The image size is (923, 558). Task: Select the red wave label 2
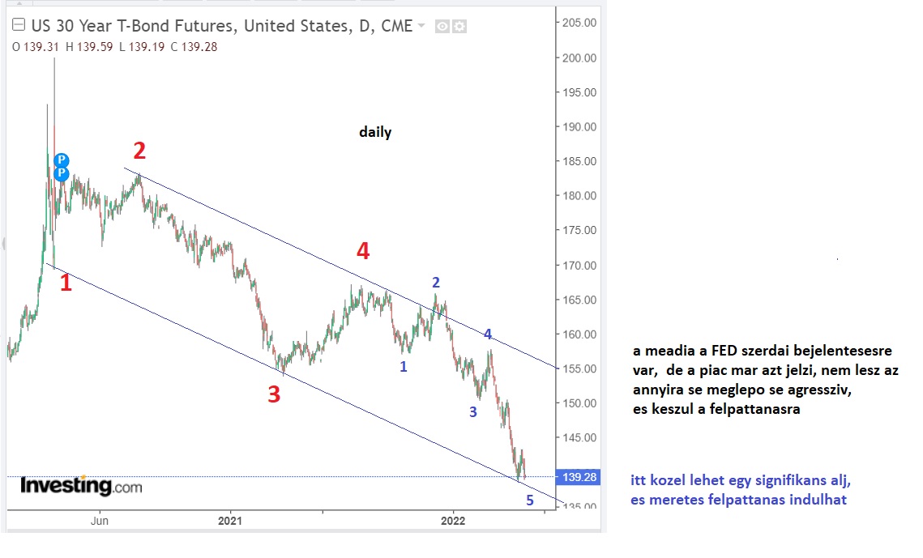click(139, 151)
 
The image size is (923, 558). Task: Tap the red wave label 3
click(274, 394)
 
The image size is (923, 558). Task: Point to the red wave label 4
click(363, 252)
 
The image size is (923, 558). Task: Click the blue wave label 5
click(530, 500)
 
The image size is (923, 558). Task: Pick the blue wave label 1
click(404, 366)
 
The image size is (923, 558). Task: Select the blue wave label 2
click(436, 283)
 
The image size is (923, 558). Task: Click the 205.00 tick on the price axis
click(579, 23)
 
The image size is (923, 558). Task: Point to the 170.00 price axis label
click(579, 266)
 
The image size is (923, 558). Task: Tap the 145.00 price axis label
click(579, 438)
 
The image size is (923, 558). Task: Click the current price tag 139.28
click(579, 478)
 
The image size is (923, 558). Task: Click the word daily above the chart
click(375, 132)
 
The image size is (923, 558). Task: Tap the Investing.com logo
click(81, 486)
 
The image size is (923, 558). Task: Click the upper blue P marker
click(62, 160)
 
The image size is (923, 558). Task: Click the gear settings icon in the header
click(459, 27)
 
